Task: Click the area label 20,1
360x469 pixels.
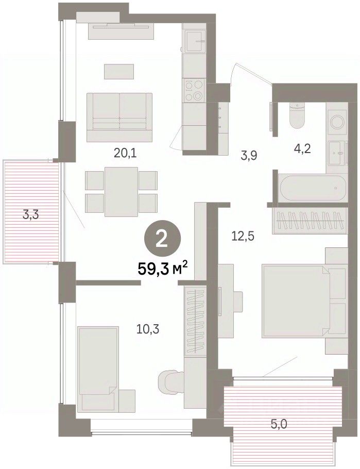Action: tap(125, 154)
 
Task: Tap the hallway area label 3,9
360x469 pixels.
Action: tap(249, 156)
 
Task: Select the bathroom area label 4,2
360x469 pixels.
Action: tap(302, 148)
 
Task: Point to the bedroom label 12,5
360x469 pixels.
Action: tap(243, 237)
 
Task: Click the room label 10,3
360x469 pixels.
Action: tap(148, 330)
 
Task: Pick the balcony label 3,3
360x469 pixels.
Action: tap(31, 214)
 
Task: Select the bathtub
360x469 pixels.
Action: tap(312, 188)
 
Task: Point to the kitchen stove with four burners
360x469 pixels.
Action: tap(194, 91)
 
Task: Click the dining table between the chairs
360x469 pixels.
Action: tap(121, 191)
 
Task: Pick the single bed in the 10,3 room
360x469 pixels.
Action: tap(98, 369)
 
